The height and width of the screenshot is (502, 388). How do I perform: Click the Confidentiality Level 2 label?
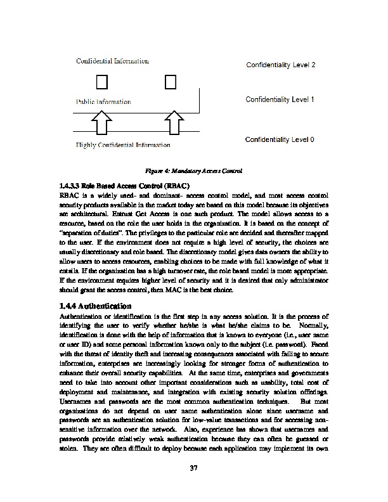point(280,65)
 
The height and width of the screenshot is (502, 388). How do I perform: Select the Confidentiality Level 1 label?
point(280,100)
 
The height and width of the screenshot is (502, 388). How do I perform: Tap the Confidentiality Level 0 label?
point(280,139)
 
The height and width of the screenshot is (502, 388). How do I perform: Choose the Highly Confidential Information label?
point(123,145)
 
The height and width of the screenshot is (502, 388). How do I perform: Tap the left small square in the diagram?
point(102,82)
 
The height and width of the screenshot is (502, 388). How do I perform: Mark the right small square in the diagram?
point(170,82)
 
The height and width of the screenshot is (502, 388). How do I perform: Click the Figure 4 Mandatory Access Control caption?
point(194,171)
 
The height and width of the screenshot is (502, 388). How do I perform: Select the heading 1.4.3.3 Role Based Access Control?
point(122,186)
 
